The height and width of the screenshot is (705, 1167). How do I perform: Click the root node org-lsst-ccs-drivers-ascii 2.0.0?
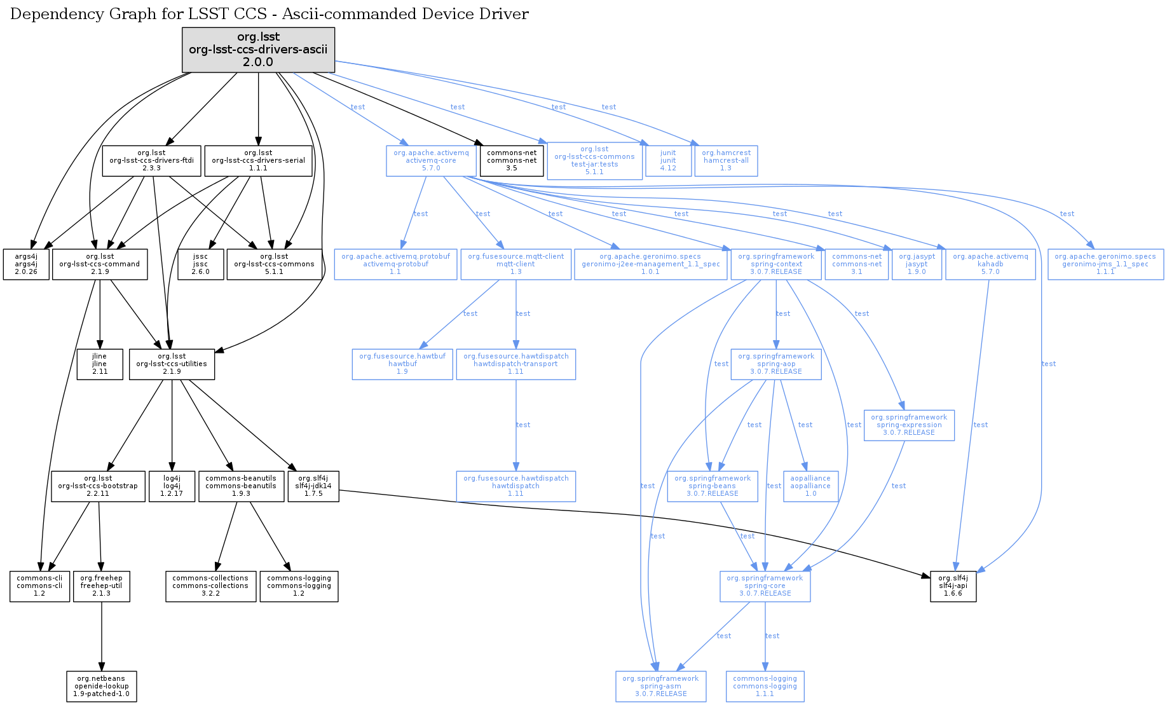tap(258, 50)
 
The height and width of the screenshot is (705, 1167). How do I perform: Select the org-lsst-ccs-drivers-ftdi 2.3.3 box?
tap(151, 161)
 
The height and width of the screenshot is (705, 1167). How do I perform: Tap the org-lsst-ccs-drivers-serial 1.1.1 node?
tap(258, 161)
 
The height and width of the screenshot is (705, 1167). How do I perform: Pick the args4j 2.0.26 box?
tap(26, 264)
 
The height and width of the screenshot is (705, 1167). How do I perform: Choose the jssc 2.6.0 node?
tap(200, 264)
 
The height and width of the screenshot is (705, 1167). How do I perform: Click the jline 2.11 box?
tap(100, 364)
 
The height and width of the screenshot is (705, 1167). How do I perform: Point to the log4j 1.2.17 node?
tap(172, 486)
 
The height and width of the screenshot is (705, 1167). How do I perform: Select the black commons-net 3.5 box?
tap(512, 161)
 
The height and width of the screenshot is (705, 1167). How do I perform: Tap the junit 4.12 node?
tap(668, 161)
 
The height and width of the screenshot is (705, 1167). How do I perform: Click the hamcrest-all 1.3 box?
tap(726, 161)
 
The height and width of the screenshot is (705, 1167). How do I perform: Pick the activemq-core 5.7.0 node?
tap(431, 161)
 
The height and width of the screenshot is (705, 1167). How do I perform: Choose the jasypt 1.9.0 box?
tap(917, 264)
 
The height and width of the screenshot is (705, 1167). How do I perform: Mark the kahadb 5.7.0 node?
tap(990, 264)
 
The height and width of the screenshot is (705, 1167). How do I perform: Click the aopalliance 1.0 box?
tap(810, 486)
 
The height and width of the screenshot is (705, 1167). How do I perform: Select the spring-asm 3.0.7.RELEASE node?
tap(660, 687)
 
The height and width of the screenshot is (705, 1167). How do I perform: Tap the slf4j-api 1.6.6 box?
tap(953, 586)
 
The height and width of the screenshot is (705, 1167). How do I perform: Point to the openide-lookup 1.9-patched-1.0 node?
tap(102, 687)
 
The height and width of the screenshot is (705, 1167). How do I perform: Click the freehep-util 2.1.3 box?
tap(102, 586)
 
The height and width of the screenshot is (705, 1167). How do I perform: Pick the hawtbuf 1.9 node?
tap(402, 364)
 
